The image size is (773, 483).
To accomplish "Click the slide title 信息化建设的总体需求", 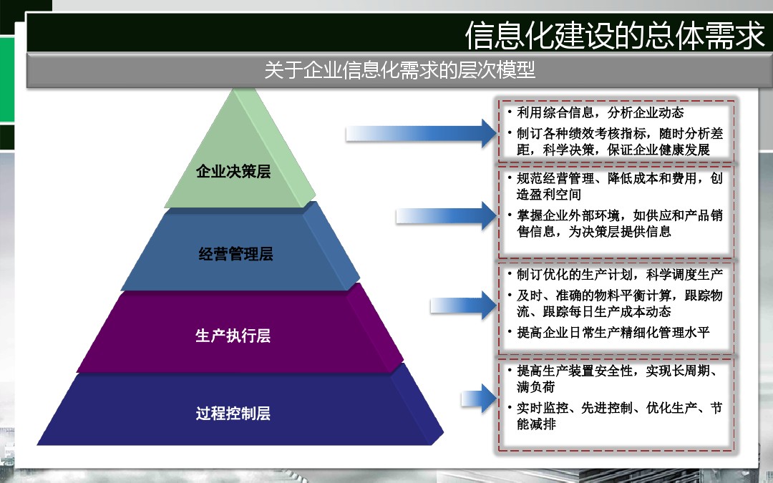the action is click(615, 35).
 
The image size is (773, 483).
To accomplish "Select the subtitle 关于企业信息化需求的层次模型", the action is click(400, 69).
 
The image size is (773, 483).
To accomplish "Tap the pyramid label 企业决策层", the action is click(233, 171).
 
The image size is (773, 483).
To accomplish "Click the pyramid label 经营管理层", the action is click(235, 254).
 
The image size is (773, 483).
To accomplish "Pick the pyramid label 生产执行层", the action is click(233, 336).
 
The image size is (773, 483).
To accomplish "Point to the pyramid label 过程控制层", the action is click(233, 413).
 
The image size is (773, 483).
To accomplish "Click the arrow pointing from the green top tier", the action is click(422, 133).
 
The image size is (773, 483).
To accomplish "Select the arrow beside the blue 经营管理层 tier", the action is click(447, 216).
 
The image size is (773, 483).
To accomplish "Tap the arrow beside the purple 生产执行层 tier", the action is click(463, 306).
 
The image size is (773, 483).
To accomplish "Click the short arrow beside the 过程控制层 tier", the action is click(479, 399).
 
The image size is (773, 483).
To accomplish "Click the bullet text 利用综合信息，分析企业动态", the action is click(600, 113).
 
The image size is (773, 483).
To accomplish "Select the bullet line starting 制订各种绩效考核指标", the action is click(620, 134).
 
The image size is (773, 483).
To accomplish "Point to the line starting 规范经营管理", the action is click(620, 178).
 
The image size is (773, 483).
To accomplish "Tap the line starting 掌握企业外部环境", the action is click(620, 215).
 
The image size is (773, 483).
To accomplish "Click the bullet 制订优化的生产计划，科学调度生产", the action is click(620, 275).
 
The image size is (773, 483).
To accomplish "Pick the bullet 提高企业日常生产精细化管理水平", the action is click(613, 333).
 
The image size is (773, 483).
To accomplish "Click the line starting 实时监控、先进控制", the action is click(620, 408).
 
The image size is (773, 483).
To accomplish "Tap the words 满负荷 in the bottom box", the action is click(536, 387).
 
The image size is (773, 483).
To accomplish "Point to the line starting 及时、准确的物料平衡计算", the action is click(620, 296).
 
